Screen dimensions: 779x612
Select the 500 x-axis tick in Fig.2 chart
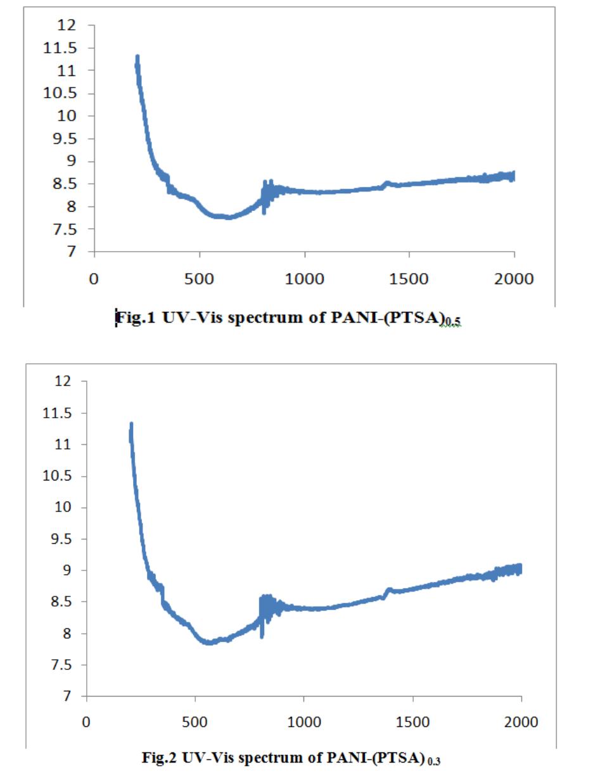[195, 722]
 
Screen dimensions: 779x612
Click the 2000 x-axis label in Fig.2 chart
[521, 722]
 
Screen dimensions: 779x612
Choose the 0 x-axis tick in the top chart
[94, 280]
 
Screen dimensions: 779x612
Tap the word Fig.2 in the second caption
[161, 757]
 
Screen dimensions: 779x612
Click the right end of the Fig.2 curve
[520, 569]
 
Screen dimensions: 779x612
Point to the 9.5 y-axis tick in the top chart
[67, 139]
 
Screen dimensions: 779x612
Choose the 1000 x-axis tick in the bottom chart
[304, 722]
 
